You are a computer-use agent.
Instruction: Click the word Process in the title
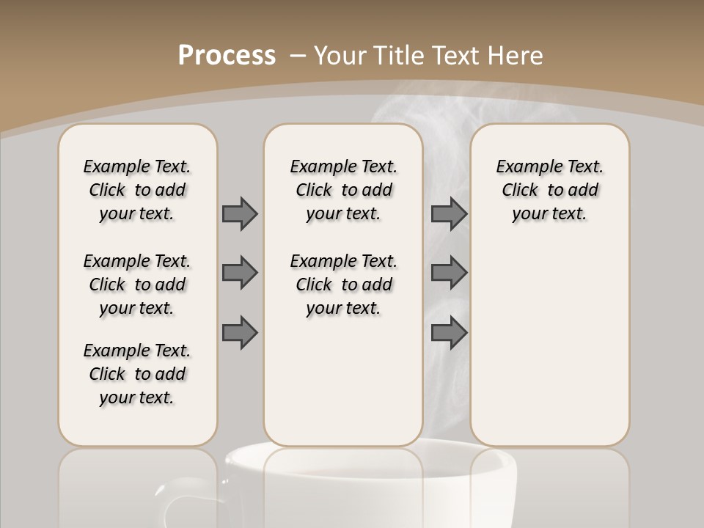227,55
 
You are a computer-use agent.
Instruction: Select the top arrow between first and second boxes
240,213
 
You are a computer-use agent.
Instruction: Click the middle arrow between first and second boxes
240,273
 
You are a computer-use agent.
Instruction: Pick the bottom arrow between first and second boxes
240,332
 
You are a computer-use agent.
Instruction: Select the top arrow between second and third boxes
450,213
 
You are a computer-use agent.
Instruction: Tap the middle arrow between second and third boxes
450,273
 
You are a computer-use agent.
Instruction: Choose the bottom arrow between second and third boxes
450,332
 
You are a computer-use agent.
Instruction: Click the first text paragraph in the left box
137,190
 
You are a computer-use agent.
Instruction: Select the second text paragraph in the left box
137,285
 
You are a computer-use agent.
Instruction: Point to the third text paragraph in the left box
137,374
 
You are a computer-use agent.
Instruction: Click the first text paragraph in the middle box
343,190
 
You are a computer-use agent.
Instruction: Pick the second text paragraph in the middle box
343,285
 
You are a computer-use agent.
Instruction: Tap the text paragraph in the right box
549,190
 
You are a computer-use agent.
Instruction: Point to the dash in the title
298,55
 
